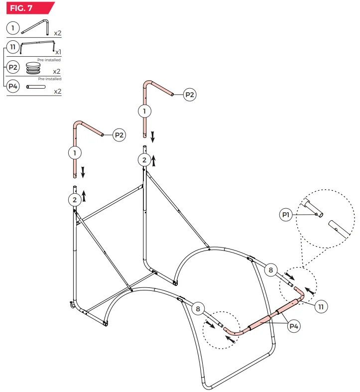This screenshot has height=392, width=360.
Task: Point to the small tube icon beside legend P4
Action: (36, 87)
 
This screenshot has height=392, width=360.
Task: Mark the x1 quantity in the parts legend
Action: (58, 52)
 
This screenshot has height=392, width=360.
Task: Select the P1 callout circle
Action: (286, 215)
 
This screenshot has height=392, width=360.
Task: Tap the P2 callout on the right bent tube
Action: (190, 95)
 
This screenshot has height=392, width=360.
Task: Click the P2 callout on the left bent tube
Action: (119, 134)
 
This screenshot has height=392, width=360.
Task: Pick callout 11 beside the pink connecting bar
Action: (321, 306)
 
